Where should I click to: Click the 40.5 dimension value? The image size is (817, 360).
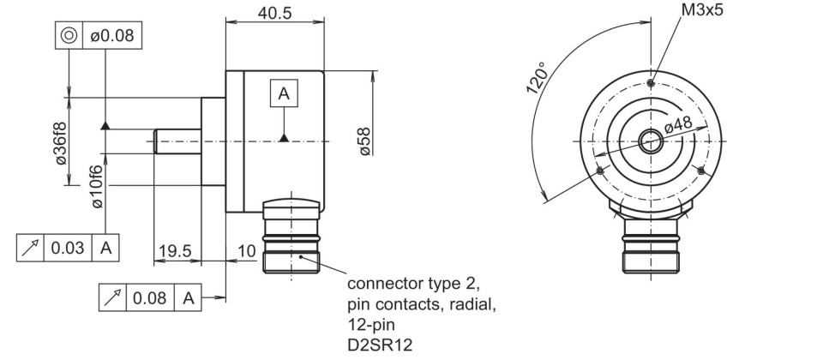274,13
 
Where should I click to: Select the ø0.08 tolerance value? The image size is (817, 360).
112,35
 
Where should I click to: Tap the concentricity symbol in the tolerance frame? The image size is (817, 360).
69,35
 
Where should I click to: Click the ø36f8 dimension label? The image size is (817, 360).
61,143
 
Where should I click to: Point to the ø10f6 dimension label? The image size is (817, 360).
98,186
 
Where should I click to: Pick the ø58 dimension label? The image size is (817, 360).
364,141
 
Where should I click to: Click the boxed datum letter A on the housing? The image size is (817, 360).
284,93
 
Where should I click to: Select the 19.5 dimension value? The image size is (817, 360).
176,252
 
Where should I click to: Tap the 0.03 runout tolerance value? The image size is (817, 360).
68,248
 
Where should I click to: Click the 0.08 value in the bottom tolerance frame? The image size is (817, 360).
149,298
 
